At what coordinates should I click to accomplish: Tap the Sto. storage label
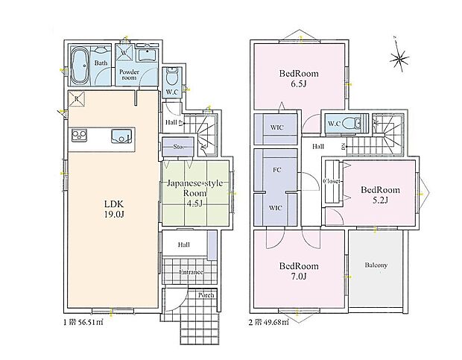point(178,147)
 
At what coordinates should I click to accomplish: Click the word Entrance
point(191,272)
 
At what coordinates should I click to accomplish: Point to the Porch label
point(205,295)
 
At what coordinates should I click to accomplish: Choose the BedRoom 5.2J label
point(380,195)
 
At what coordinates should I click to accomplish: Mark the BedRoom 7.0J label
point(300,271)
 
